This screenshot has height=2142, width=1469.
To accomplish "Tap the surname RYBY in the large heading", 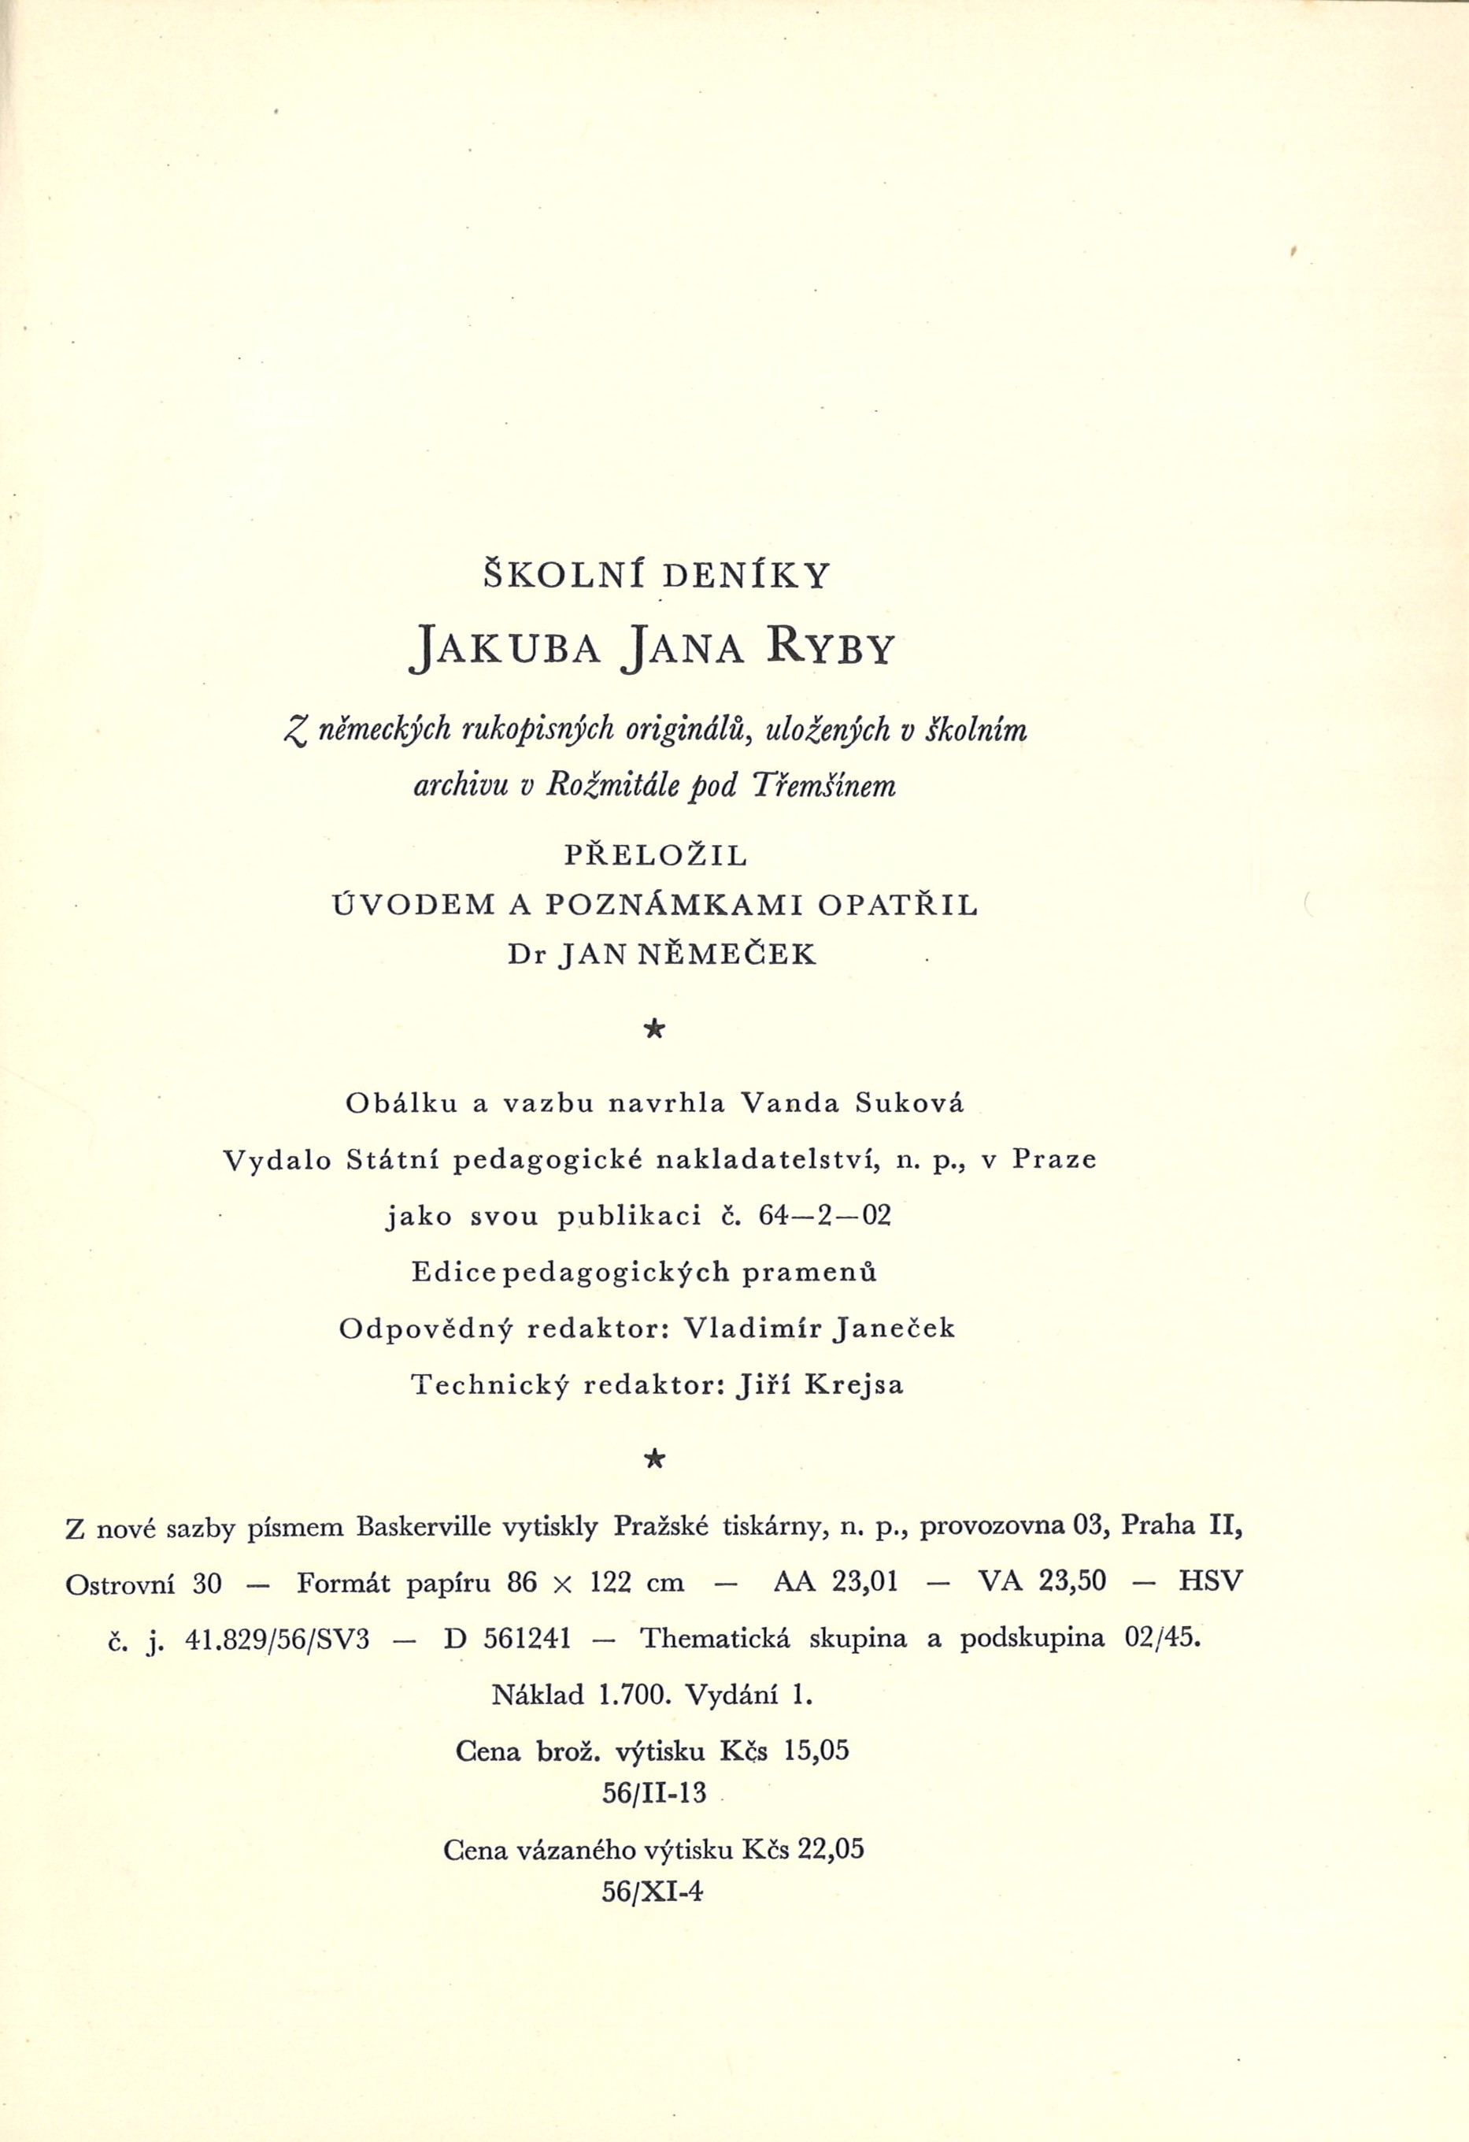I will point(828,648).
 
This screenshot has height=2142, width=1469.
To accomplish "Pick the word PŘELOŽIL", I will point(655,855).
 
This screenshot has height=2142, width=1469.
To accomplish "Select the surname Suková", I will point(909,1103).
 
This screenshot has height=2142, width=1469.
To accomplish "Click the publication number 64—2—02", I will point(826,1217).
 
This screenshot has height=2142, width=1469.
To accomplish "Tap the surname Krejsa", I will point(854,1385).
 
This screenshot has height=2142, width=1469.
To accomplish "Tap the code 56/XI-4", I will point(653,1892).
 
